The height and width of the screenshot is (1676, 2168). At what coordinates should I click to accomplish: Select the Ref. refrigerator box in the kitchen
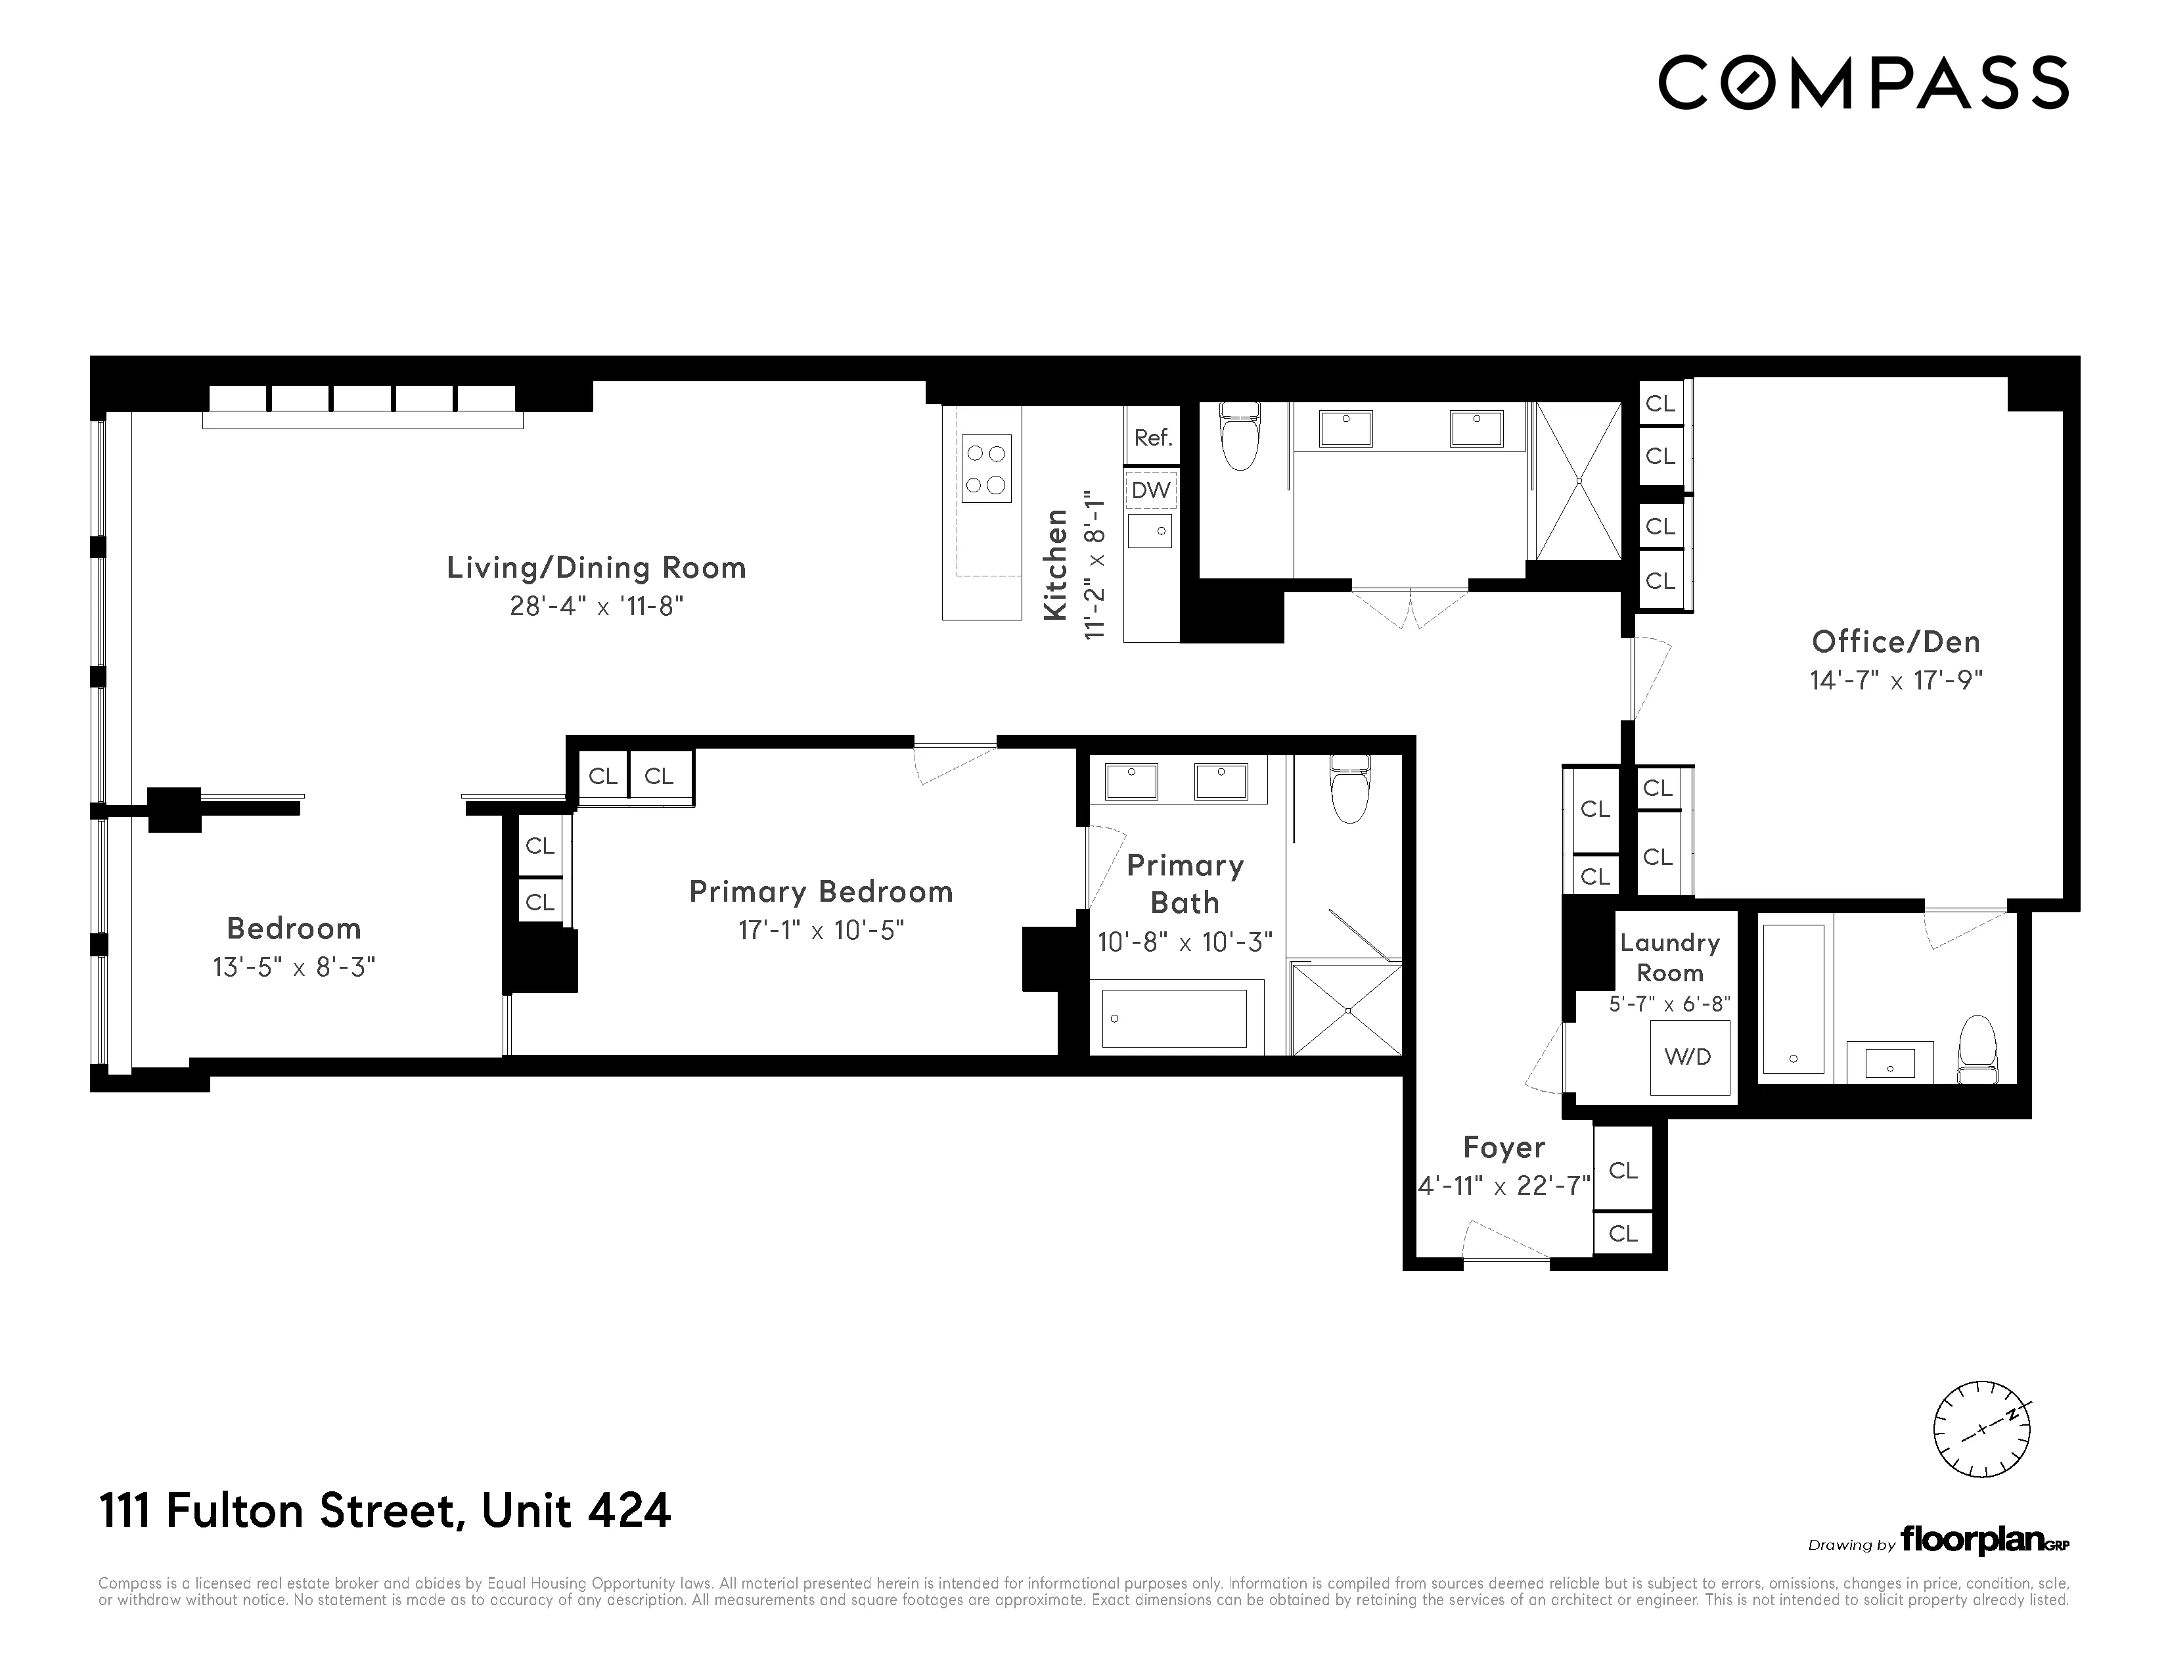point(1152,437)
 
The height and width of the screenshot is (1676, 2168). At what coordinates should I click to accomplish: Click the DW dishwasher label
point(1150,490)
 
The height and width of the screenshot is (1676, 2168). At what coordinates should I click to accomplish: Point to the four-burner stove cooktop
point(985,469)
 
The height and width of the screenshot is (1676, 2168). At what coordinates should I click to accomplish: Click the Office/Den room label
point(1895,641)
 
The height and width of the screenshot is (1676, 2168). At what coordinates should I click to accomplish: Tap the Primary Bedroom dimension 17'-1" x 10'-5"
point(821,930)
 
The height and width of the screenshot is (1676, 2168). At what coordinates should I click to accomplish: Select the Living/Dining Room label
point(596,568)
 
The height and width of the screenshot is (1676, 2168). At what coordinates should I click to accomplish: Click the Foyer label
point(1504,1148)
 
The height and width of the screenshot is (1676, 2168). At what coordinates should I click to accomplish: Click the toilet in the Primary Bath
point(1350,790)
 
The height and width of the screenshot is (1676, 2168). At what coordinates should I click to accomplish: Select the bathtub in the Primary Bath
point(1175,1017)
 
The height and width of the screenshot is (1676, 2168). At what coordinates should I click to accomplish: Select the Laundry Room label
point(1669,958)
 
